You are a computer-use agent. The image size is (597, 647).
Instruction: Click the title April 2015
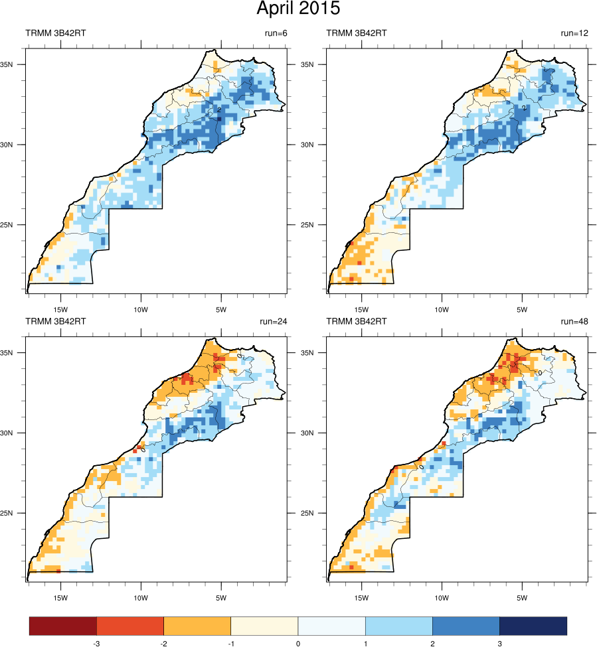point(298,9)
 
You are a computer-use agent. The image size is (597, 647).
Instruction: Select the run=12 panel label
point(574,33)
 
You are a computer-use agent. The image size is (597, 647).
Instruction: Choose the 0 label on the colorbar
point(298,643)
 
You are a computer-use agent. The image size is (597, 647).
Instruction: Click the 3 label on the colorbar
point(499,643)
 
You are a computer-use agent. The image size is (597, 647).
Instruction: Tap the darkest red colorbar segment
point(63,626)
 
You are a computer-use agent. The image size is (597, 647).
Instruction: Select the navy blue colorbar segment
point(533,626)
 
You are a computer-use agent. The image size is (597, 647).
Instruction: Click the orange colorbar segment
point(197,626)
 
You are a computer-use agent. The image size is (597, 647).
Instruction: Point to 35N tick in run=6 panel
point(17,64)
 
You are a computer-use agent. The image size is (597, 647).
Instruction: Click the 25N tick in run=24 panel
point(17,513)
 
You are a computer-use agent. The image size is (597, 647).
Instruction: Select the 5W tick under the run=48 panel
point(522,597)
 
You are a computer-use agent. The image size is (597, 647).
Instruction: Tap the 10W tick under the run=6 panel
point(141,309)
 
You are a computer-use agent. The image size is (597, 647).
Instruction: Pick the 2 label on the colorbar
point(432,643)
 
